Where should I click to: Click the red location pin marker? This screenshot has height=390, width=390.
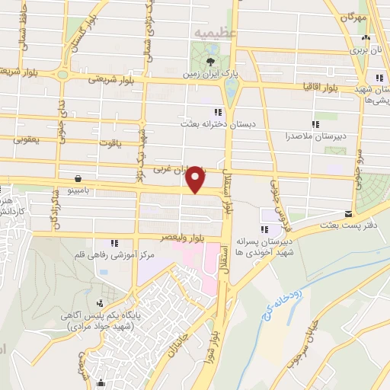coord(197,180)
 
